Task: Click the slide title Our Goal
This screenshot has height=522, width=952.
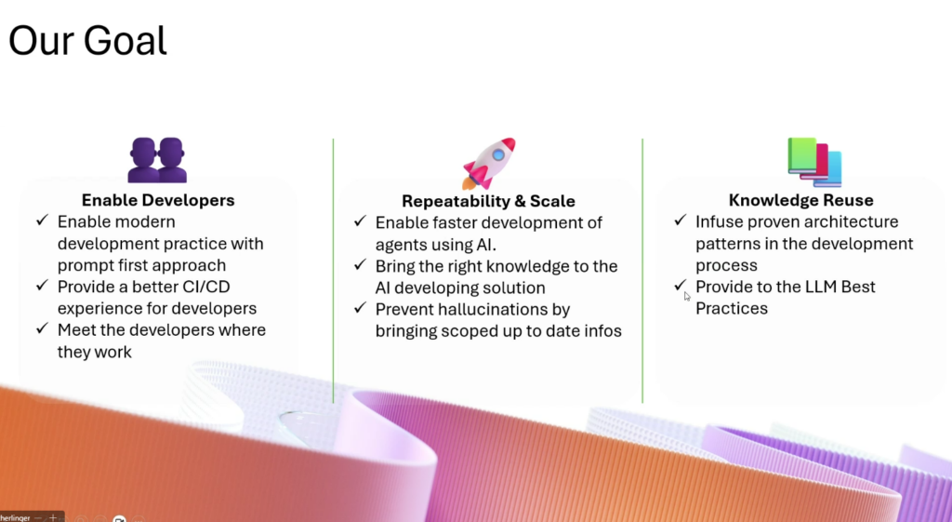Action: [87, 41]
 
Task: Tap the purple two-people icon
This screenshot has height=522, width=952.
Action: [157, 160]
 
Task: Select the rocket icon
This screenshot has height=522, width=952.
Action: [489, 163]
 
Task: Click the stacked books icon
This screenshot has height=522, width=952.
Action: [814, 162]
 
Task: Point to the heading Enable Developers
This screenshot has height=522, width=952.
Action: [158, 200]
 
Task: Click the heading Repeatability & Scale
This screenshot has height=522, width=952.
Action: [488, 201]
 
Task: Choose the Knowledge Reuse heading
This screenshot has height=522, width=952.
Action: [800, 200]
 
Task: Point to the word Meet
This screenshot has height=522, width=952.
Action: [75, 330]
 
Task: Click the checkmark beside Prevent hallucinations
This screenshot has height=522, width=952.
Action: [360, 307]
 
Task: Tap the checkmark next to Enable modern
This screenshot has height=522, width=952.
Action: [42, 220]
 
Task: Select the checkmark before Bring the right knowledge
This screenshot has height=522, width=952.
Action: [360, 264]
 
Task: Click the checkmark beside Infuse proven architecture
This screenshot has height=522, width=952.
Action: [680, 220]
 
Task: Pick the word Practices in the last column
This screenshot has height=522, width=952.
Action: [732, 308]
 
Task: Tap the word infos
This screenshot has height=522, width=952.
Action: [602, 331]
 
